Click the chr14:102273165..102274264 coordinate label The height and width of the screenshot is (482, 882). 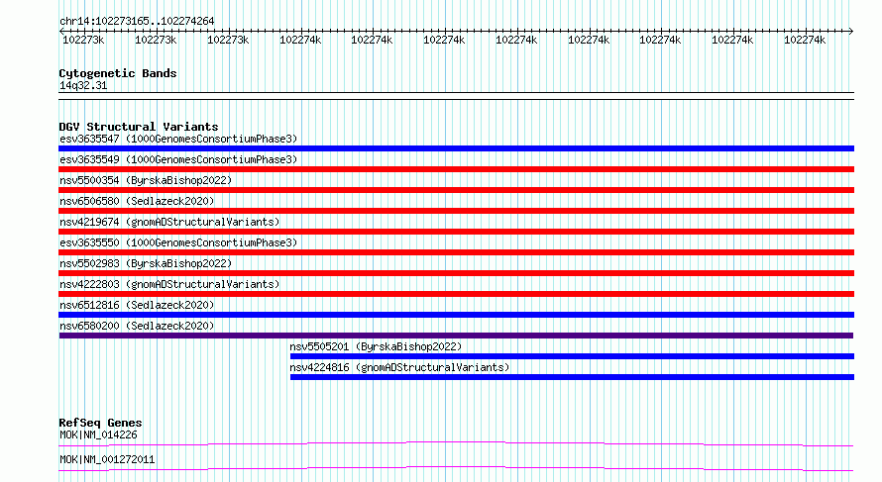tap(137, 22)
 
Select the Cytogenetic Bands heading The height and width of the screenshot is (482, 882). tap(118, 73)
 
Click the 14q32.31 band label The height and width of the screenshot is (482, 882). tap(83, 85)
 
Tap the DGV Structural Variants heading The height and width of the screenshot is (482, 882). tap(139, 127)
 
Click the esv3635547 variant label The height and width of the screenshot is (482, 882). tap(178, 139)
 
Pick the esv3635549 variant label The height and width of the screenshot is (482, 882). tap(178, 159)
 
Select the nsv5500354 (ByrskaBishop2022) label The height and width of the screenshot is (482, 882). tap(146, 180)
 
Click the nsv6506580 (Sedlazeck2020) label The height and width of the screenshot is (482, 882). tap(137, 201)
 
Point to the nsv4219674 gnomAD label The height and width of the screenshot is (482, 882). tap(169, 222)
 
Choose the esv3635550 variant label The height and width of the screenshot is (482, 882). tap(178, 242)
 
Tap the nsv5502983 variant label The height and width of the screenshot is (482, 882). tap(146, 263)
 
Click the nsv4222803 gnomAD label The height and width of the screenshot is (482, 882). tap(169, 284)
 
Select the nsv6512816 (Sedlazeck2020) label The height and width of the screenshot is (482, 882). tap(137, 305)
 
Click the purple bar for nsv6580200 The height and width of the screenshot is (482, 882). tap(456, 336)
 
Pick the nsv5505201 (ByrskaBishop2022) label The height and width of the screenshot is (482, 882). tap(376, 346)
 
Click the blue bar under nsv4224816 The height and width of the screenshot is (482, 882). tap(572, 377)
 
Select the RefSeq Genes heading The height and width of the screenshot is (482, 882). tap(101, 423)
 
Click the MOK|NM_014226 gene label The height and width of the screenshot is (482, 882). tap(98, 434)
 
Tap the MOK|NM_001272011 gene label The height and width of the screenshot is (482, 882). tap(107, 459)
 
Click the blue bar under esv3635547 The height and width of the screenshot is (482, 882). tap(456, 148)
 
